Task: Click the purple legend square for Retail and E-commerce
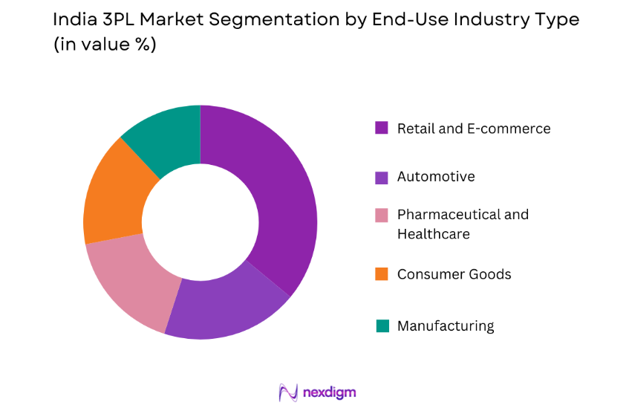click(x=382, y=128)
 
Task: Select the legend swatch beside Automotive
click(x=382, y=177)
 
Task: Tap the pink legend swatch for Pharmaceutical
click(x=382, y=216)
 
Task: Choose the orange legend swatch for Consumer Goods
click(x=382, y=274)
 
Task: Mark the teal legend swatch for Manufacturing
click(x=382, y=325)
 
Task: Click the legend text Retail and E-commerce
click(x=474, y=129)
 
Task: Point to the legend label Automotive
click(x=436, y=177)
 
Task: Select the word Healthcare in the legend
click(x=433, y=234)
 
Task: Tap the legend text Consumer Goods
click(x=454, y=274)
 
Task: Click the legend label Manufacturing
click(x=446, y=325)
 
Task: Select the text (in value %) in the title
click(x=105, y=45)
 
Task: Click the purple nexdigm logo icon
click(x=287, y=392)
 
